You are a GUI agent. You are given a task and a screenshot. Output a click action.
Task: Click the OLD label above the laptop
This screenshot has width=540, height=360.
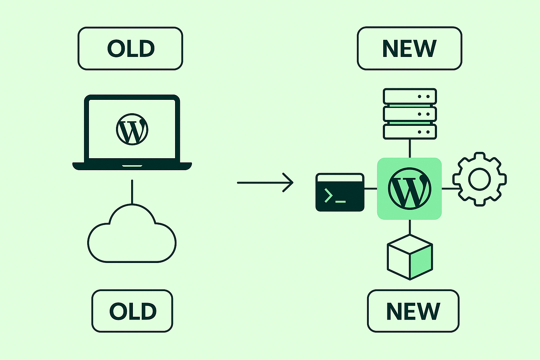click(130, 49)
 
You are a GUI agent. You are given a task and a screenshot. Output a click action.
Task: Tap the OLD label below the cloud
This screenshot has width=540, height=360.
click(132, 311)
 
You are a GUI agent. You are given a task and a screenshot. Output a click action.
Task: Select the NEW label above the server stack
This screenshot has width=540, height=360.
click(409, 49)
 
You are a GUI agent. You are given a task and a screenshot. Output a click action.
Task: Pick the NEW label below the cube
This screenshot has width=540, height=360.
click(413, 311)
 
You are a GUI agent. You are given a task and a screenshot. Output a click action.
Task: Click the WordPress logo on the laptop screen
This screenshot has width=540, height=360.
click(132, 129)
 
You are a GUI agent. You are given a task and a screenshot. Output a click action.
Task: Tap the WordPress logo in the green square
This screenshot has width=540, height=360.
click(409, 189)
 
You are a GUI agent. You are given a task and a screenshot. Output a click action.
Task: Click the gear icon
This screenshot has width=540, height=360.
click(480, 179)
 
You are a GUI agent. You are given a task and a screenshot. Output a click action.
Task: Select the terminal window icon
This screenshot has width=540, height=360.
click(340, 192)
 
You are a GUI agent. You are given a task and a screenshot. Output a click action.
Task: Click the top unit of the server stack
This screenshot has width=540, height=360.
click(410, 96)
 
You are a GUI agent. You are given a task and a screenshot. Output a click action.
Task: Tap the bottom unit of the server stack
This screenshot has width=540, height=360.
click(410, 132)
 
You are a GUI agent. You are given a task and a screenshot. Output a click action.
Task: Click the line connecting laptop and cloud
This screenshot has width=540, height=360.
click(132, 192)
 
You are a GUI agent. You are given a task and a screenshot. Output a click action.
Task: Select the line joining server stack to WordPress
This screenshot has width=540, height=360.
click(410, 148)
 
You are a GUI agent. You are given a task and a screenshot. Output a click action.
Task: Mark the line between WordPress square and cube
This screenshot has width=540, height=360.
click(410, 227)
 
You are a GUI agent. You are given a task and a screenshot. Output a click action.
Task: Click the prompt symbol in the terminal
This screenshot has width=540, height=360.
click(328, 195)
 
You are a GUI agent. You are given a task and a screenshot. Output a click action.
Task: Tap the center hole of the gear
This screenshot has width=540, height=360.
click(480, 179)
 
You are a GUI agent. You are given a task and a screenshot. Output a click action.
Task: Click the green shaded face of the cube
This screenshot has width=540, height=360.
click(421, 261)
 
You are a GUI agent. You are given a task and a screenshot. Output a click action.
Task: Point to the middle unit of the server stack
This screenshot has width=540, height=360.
click(410, 114)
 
